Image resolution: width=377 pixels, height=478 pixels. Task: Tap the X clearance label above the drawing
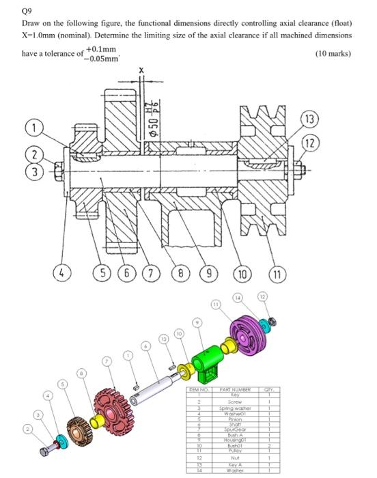pos(141,70)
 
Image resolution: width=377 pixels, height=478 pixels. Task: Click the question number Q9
pos(27,11)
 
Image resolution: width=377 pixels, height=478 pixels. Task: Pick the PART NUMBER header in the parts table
pos(233,390)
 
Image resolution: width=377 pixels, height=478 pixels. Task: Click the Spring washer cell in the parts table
pos(233,407)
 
